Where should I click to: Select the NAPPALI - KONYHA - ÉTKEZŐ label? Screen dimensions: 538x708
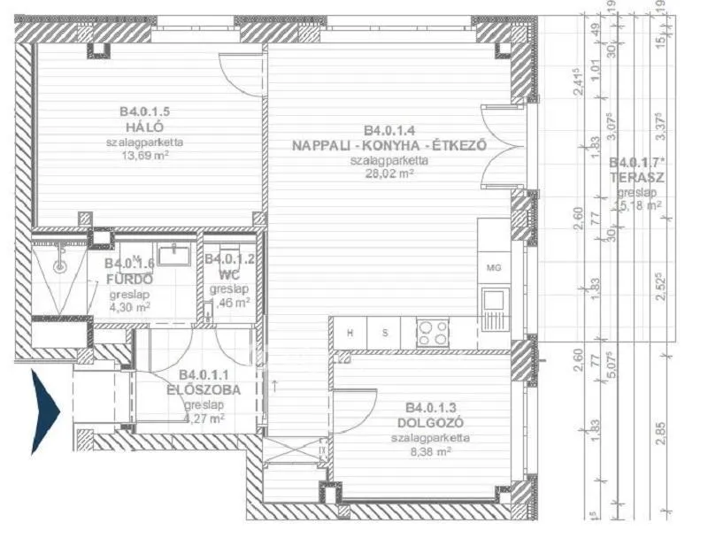389,147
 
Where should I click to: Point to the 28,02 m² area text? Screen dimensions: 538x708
389,174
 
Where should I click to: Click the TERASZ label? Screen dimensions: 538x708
638,176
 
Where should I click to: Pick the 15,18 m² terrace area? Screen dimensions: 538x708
638,205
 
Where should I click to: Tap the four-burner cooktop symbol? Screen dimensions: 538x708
433,333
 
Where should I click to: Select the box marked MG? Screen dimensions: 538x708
493,267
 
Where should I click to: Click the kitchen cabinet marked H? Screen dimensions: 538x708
350,334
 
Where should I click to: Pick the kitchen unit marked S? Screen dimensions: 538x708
384,334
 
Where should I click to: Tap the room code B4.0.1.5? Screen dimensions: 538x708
144,111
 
